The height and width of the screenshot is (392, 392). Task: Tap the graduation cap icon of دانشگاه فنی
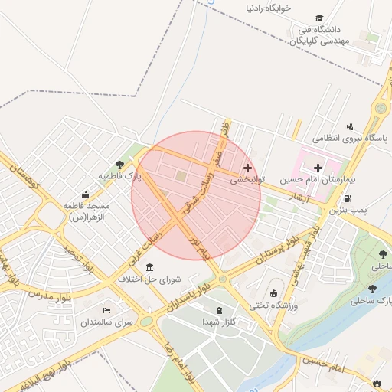pos(318,18)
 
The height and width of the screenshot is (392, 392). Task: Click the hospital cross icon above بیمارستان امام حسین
pos(318,166)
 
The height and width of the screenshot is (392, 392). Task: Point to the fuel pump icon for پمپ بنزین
pos(348,198)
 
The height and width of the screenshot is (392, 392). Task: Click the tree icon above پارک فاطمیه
pos(119,165)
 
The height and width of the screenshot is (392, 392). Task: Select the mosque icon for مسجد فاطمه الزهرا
pos(86,194)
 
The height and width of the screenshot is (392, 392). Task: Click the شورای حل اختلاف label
pos(148,279)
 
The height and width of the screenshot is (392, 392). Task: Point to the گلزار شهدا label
pos(220,321)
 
